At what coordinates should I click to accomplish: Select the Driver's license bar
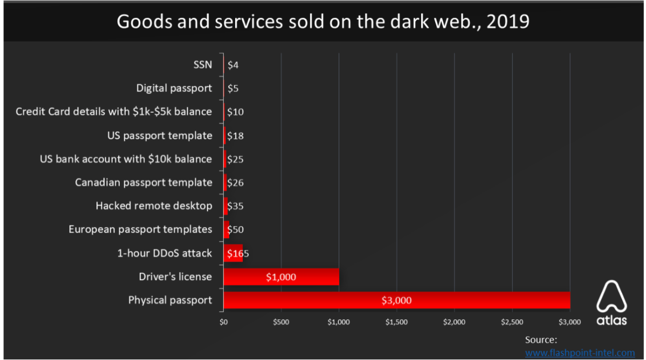281,277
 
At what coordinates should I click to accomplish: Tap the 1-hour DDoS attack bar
233,253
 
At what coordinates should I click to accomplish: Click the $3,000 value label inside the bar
396,300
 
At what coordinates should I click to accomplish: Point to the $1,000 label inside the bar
281,277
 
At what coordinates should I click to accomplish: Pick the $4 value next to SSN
233,65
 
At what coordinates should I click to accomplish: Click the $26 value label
235,183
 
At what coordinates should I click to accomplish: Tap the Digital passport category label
174,88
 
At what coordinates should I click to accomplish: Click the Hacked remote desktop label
154,206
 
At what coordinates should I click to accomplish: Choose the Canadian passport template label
144,183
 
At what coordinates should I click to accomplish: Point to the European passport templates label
140,229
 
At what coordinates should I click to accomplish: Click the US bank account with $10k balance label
126,159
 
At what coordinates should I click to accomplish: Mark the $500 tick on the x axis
281,322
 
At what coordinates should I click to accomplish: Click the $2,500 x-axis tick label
512,322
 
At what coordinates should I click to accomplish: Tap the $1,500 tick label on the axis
397,322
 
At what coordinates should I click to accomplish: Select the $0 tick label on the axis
223,322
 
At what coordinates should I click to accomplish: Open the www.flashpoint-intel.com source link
580,352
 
